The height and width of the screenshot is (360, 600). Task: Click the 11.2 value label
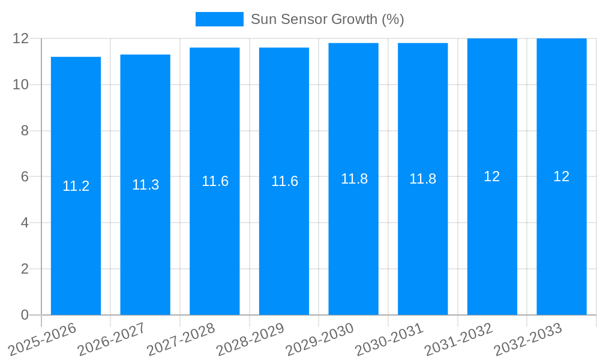coord(76,186)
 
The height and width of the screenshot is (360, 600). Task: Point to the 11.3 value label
coord(145,185)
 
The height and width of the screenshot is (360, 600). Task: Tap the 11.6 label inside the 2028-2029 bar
coord(284,181)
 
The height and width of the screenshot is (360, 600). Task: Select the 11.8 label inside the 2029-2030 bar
coord(354,179)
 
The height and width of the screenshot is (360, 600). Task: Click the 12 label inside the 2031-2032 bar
coord(492,176)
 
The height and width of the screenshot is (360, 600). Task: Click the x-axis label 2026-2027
coord(111,339)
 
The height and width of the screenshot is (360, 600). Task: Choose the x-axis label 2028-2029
coord(250,339)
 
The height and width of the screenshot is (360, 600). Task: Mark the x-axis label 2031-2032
coord(458,339)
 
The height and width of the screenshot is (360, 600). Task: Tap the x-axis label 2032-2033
coord(527,339)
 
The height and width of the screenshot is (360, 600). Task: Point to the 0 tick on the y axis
coord(25,315)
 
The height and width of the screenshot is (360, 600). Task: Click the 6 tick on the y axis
coord(25,177)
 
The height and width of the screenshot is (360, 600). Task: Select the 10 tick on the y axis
coord(21,85)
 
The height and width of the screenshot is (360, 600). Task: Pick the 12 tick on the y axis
coord(21,38)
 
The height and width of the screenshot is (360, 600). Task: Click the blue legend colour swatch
coord(220,19)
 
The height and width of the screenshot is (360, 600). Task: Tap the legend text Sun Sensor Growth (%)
coord(327,19)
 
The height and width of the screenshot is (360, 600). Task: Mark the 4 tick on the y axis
coord(25,223)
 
